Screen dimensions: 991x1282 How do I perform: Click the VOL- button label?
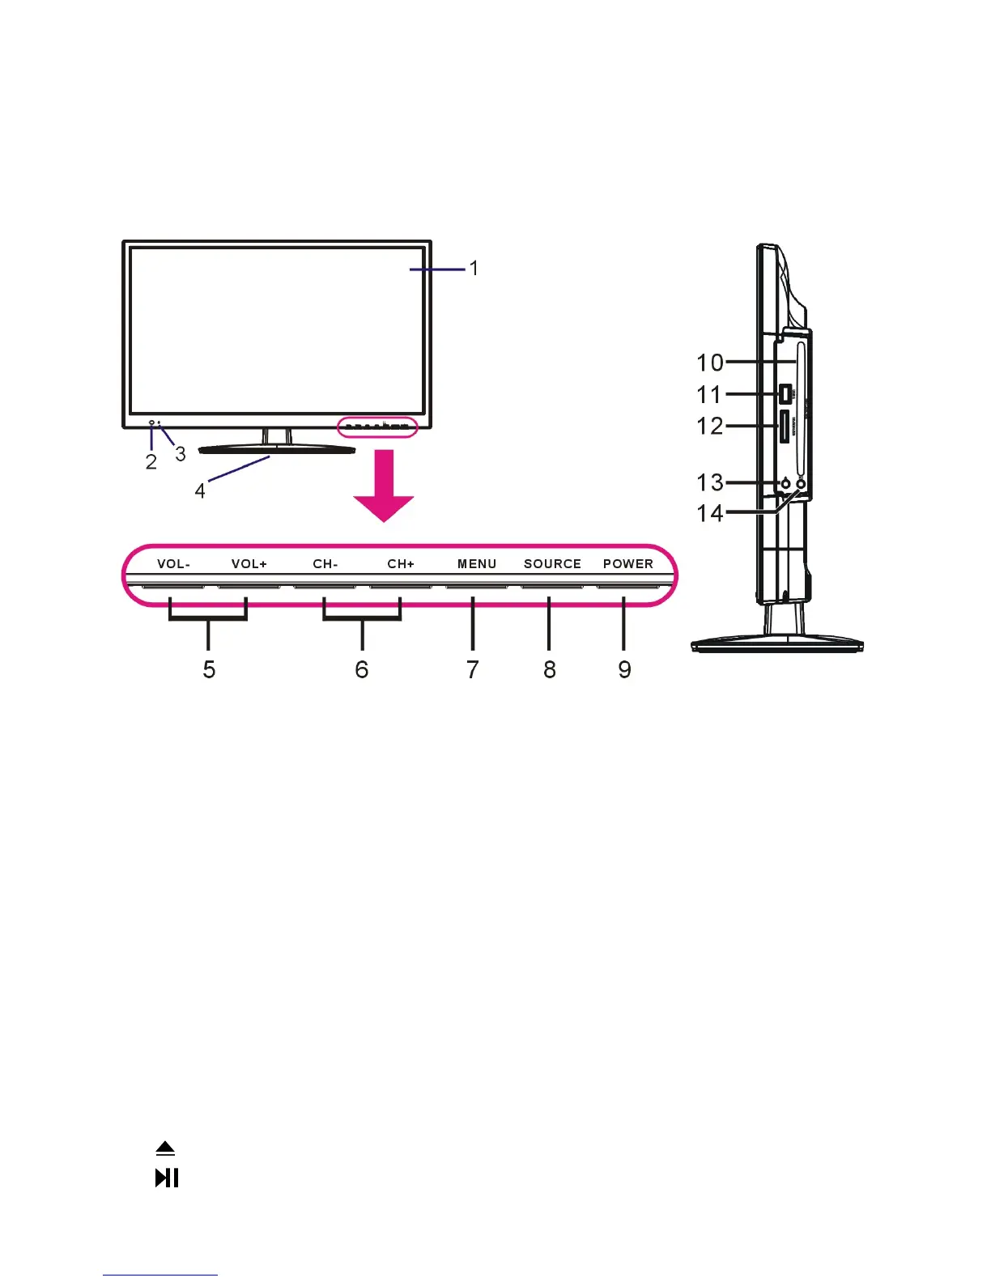click(x=173, y=564)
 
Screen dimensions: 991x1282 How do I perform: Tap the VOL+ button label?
click(x=249, y=564)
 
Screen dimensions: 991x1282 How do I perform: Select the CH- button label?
click(x=325, y=564)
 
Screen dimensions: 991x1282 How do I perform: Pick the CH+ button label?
click(x=401, y=564)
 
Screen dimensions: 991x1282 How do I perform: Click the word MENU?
click(x=477, y=564)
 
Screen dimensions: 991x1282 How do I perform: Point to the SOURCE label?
click(x=552, y=564)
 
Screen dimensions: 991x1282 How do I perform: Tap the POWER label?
click(x=628, y=564)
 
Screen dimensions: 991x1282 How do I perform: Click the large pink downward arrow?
click(x=384, y=486)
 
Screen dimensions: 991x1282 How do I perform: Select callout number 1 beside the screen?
click(x=474, y=268)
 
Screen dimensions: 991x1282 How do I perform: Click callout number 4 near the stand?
click(x=200, y=490)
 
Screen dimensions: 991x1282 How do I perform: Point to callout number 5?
click(x=209, y=670)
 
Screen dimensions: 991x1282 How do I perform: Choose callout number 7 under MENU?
click(x=473, y=670)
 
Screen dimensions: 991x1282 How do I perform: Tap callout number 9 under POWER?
click(x=624, y=670)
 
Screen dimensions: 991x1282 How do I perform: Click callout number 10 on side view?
click(x=710, y=363)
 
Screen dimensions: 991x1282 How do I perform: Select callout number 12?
click(x=710, y=426)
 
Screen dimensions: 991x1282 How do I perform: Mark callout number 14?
click(x=710, y=513)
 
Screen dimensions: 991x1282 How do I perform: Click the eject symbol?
click(x=165, y=1148)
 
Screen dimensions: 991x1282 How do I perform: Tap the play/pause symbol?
click(x=167, y=1178)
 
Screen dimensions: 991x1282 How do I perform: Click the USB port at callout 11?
click(x=785, y=394)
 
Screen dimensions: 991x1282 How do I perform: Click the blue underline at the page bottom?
click(x=160, y=1275)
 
